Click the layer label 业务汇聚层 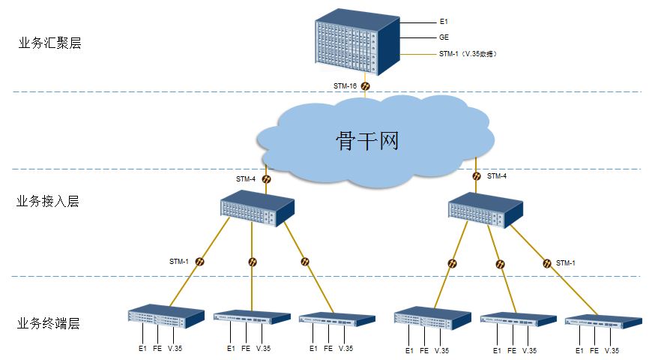49,43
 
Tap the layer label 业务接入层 48,202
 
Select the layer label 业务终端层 48,324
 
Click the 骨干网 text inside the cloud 367,140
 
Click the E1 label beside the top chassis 444,22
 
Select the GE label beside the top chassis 444,37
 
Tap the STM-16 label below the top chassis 345,86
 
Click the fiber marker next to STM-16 365,87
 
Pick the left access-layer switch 256,209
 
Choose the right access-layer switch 485,209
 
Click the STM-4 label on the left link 246,179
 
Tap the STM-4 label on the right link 497,176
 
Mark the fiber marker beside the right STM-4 477,176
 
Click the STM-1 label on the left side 179,262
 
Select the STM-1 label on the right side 566,262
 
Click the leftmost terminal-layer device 166,316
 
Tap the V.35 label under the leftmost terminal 175,349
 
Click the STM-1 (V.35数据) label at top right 468,55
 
